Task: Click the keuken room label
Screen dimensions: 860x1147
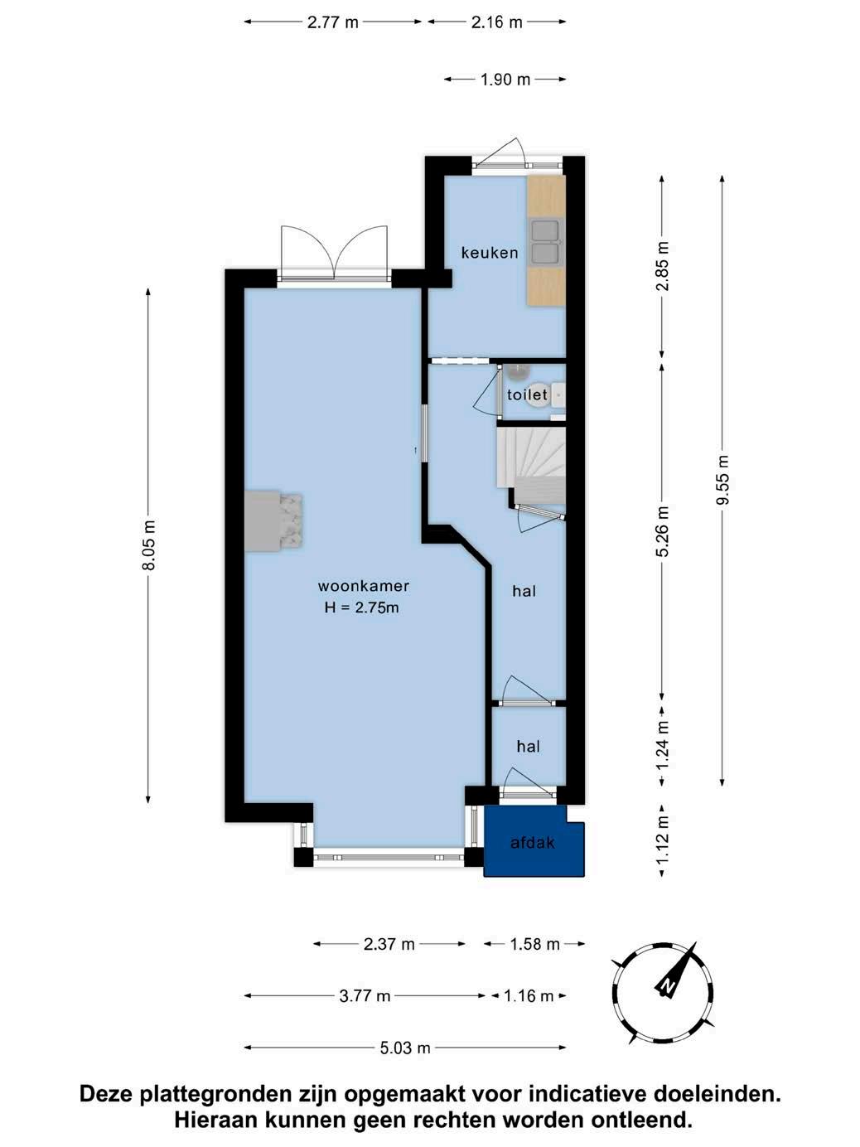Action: [490, 253]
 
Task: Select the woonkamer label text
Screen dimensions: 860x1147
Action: [364, 586]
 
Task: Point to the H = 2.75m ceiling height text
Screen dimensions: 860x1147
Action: [362, 607]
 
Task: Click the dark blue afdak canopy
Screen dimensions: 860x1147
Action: [533, 842]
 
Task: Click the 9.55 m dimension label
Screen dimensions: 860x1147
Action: [722, 480]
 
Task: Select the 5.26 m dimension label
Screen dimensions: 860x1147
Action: [663, 531]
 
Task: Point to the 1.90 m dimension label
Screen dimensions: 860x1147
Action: [505, 80]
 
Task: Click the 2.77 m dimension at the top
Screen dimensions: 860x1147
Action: [332, 22]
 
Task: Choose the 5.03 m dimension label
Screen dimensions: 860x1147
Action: [405, 1048]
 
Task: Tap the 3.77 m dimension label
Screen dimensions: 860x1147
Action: [365, 995]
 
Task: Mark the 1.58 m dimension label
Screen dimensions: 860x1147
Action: [534, 944]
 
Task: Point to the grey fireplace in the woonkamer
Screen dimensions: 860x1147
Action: [274, 521]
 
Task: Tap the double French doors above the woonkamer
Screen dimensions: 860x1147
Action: [334, 254]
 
